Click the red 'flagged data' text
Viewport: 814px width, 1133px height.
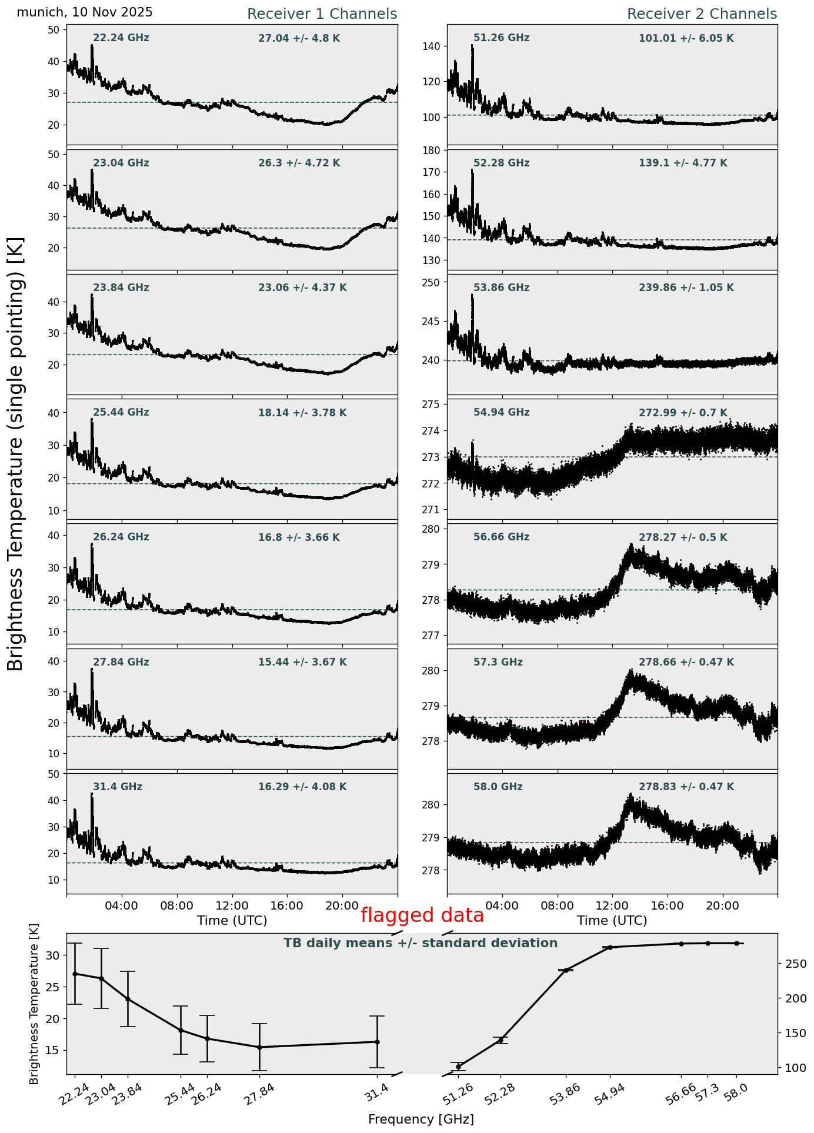422,915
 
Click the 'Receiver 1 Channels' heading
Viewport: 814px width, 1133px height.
322,14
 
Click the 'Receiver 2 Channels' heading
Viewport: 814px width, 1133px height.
702,14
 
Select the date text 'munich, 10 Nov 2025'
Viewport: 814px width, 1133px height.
85,12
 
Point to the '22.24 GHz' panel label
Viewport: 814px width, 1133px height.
121,38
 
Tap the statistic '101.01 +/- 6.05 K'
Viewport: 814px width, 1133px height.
686,39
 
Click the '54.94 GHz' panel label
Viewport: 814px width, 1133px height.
501,413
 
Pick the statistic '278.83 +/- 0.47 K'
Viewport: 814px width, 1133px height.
686,787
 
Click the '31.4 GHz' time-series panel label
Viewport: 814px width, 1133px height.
118,787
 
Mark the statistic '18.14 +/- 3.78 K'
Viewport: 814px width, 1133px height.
302,413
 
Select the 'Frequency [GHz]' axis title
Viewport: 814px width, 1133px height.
421,1119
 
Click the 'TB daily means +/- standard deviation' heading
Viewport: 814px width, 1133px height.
421,944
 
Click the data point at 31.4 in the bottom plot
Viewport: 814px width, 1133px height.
377,1042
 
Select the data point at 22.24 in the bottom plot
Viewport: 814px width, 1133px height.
75,974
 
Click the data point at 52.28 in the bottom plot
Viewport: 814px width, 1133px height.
501,1040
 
